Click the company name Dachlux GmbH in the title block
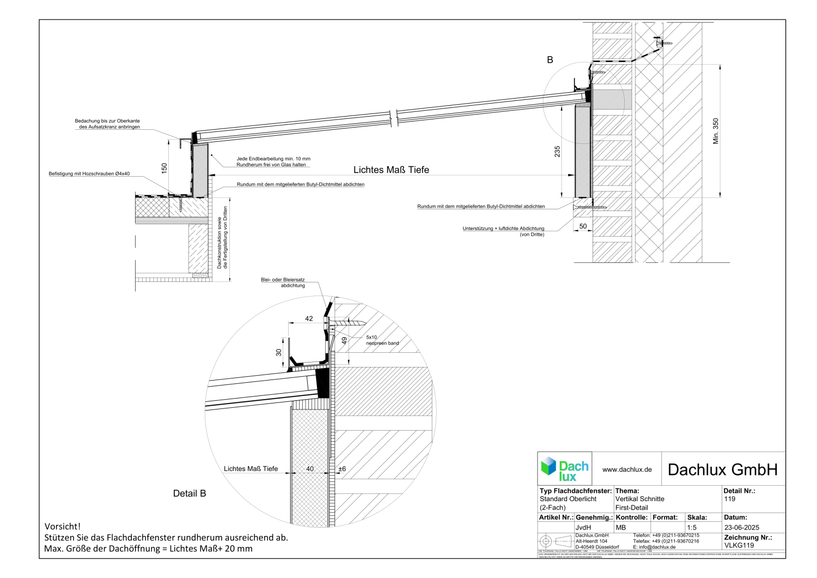click(722, 469)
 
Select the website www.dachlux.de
click(627, 469)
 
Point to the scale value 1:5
click(692, 527)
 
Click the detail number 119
click(730, 499)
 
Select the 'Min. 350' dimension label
click(716, 131)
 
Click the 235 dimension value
click(557, 151)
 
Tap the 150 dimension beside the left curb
click(164, 168)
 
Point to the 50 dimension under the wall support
click(583, 226)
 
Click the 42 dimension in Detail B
click(309, 318)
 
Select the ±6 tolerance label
click(342, 469)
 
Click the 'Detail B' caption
click(190, 493)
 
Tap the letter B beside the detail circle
click(550, 60)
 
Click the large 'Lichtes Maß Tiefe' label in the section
click(391, 170)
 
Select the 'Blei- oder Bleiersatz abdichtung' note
click(283, 282)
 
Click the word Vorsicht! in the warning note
click(63, 526)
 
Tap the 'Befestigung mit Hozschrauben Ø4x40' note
click(89, 173)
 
